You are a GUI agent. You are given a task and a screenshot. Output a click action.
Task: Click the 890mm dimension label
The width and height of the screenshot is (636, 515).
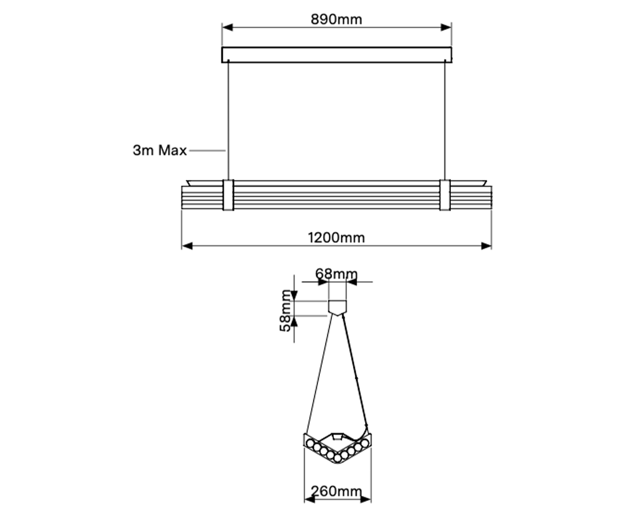[x=336, y=19]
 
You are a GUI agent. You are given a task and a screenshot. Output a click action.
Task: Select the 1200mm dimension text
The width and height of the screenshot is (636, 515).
[x=336, y=238]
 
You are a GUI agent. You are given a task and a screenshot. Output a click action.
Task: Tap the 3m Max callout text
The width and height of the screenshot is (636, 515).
[x=160, y=151]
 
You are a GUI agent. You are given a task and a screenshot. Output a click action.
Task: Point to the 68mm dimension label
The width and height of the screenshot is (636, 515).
[x=336, y=274]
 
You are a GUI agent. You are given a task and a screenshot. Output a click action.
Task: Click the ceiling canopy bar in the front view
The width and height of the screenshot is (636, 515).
[x=336, y=55]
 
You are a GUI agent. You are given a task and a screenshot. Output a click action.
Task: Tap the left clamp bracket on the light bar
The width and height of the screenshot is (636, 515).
[x=228, y=195]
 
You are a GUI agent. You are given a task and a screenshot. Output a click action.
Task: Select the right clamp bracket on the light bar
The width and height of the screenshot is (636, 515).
[x=445, y=195]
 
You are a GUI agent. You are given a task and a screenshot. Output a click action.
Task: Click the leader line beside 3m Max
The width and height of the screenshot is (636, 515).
[x=207, y=151]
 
